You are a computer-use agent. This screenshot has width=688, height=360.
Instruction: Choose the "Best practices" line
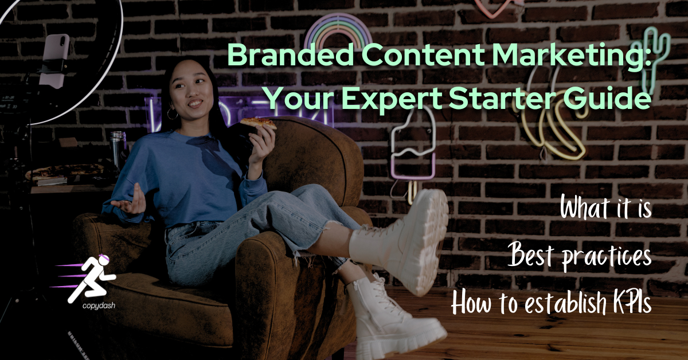pos(580,256)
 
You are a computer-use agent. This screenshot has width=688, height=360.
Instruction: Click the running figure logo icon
pos(92,279)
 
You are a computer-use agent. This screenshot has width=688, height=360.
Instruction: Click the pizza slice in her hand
pos(257,123)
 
